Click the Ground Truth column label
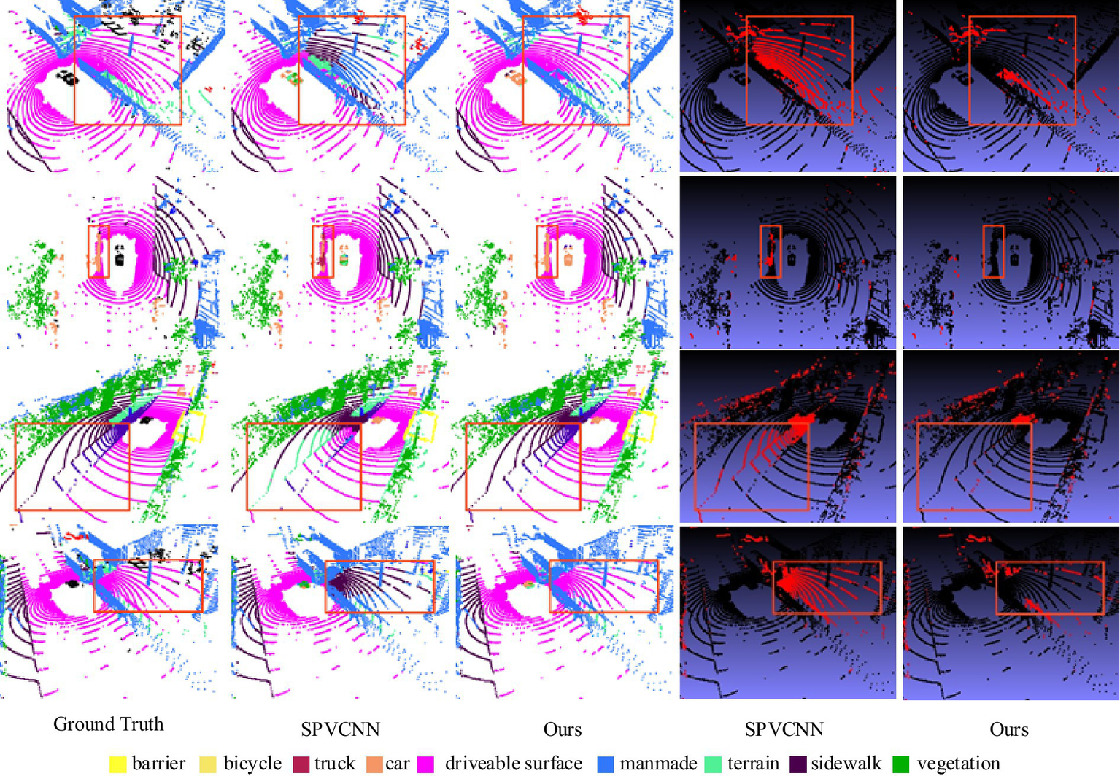tap(108, 724)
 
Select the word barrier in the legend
tap(158, 763)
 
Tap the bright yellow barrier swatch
tap(117, 764)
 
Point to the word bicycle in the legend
tap(252, 763)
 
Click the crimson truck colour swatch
tap(301, 764)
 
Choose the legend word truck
tap(334, 763)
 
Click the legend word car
tap(398, 763)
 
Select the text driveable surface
tap(513, 763)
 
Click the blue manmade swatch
tap(606, 764)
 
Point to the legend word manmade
tap(658, 763)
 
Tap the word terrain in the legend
tap(753, 763)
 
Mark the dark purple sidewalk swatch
tap(797, 764)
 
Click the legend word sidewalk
tap(846, 763)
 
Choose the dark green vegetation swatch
tap(901, 764)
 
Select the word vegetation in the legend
tap(958, 763)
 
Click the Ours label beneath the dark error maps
tap(1008, 729)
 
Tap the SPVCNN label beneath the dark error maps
tap(784, 729)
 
